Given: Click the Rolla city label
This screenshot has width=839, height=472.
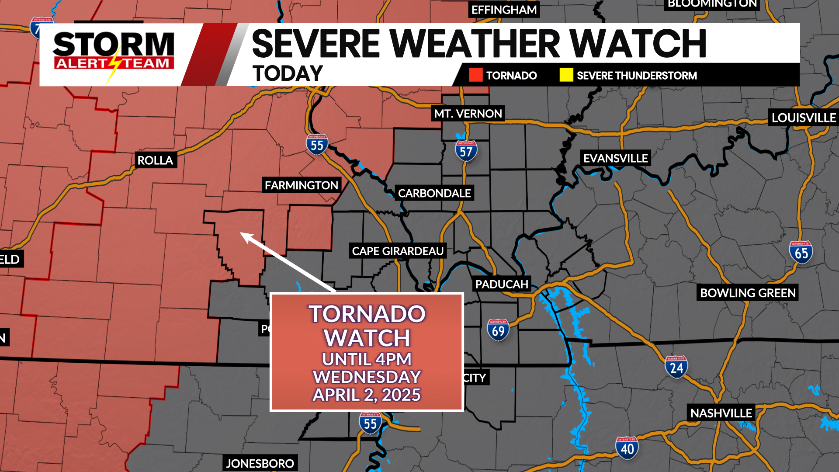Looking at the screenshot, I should (155, 160).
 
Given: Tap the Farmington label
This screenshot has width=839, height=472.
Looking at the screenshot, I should (302, 185).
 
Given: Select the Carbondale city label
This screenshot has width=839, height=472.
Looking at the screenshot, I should (434, 193).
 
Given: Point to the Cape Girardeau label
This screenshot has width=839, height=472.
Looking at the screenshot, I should (398, 251).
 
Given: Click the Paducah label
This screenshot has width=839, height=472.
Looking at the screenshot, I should (502, 285).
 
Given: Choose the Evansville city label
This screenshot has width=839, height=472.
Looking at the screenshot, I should (615, 158).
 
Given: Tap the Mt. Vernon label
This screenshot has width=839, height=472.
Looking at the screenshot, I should (468, 114).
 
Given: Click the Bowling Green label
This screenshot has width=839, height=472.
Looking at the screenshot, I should (748, 293).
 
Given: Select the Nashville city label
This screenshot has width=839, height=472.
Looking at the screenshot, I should (721, 413).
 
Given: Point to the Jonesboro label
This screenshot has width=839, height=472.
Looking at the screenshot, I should (260, 463).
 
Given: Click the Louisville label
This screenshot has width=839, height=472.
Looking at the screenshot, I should (803, 118).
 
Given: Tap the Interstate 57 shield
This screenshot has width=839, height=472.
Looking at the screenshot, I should (466, 151).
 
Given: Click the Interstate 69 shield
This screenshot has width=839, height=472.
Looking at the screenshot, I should (498, 330).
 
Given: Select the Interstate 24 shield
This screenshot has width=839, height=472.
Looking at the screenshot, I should (676, 367).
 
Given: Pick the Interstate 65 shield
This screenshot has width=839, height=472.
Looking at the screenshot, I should (801, 253).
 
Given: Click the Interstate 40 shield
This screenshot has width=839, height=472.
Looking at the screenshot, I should (627, 448).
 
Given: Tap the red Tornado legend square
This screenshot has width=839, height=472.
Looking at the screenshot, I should (475, 75).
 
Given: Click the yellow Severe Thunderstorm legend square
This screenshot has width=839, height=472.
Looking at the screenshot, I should (566, 75).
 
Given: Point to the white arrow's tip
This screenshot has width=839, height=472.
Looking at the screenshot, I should (242, 234).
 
